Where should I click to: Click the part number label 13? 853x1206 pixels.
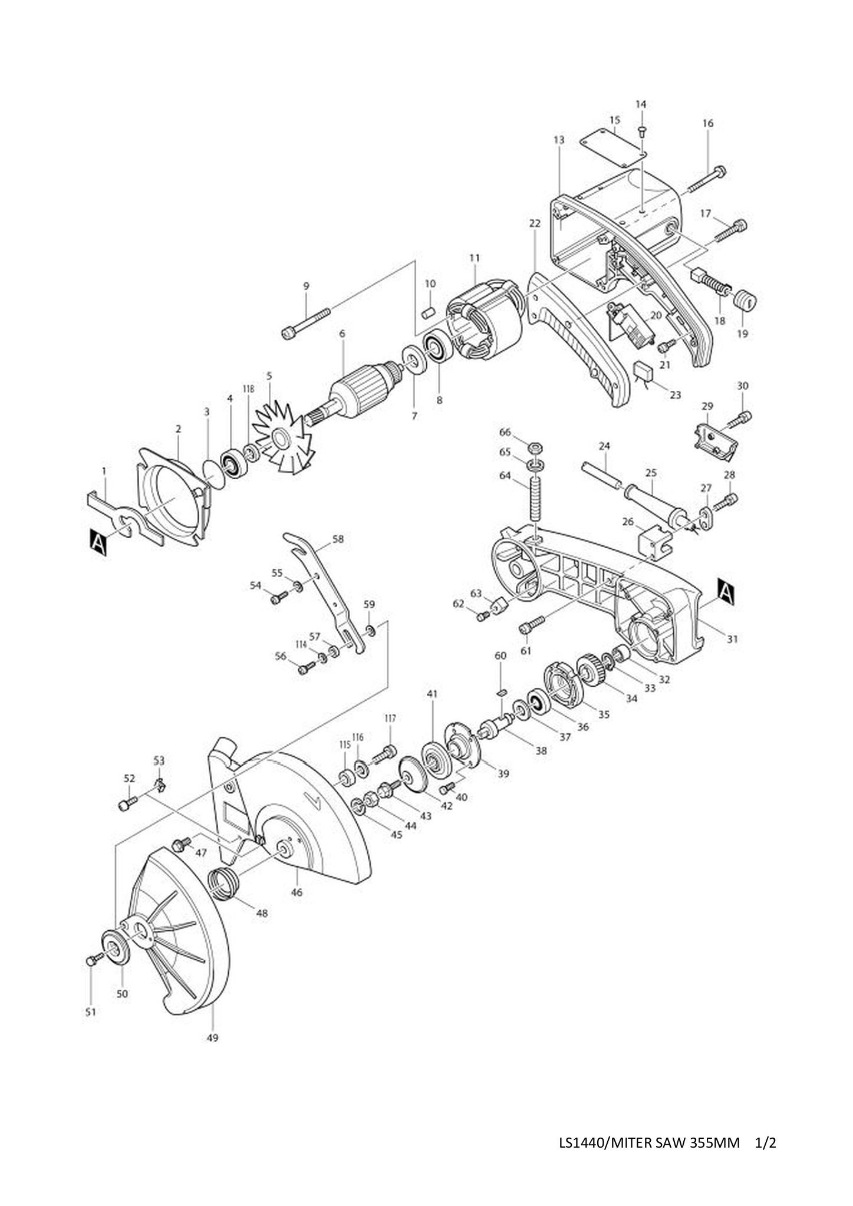click(559, 140)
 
